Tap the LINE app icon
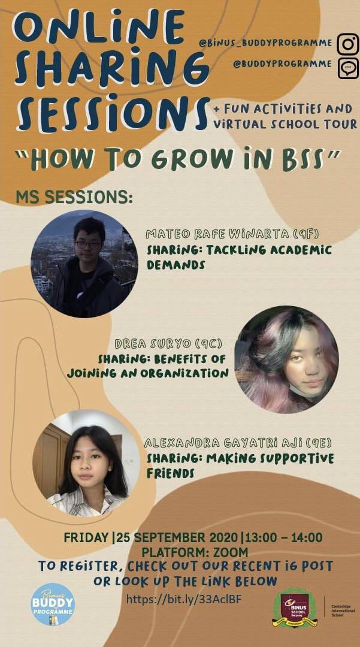pos(347,68)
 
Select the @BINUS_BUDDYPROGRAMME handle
pos(265,43)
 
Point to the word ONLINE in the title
pos(99,28)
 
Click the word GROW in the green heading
pos(195,159)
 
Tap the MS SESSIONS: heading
pos(74,197)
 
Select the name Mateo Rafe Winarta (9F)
pos(233,234)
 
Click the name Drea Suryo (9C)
pos(169,343)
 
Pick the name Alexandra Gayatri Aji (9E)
pos(238,443)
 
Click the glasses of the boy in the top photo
pos(88,244)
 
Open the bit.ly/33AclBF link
pos(183,598)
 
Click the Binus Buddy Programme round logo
pos(53,604)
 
